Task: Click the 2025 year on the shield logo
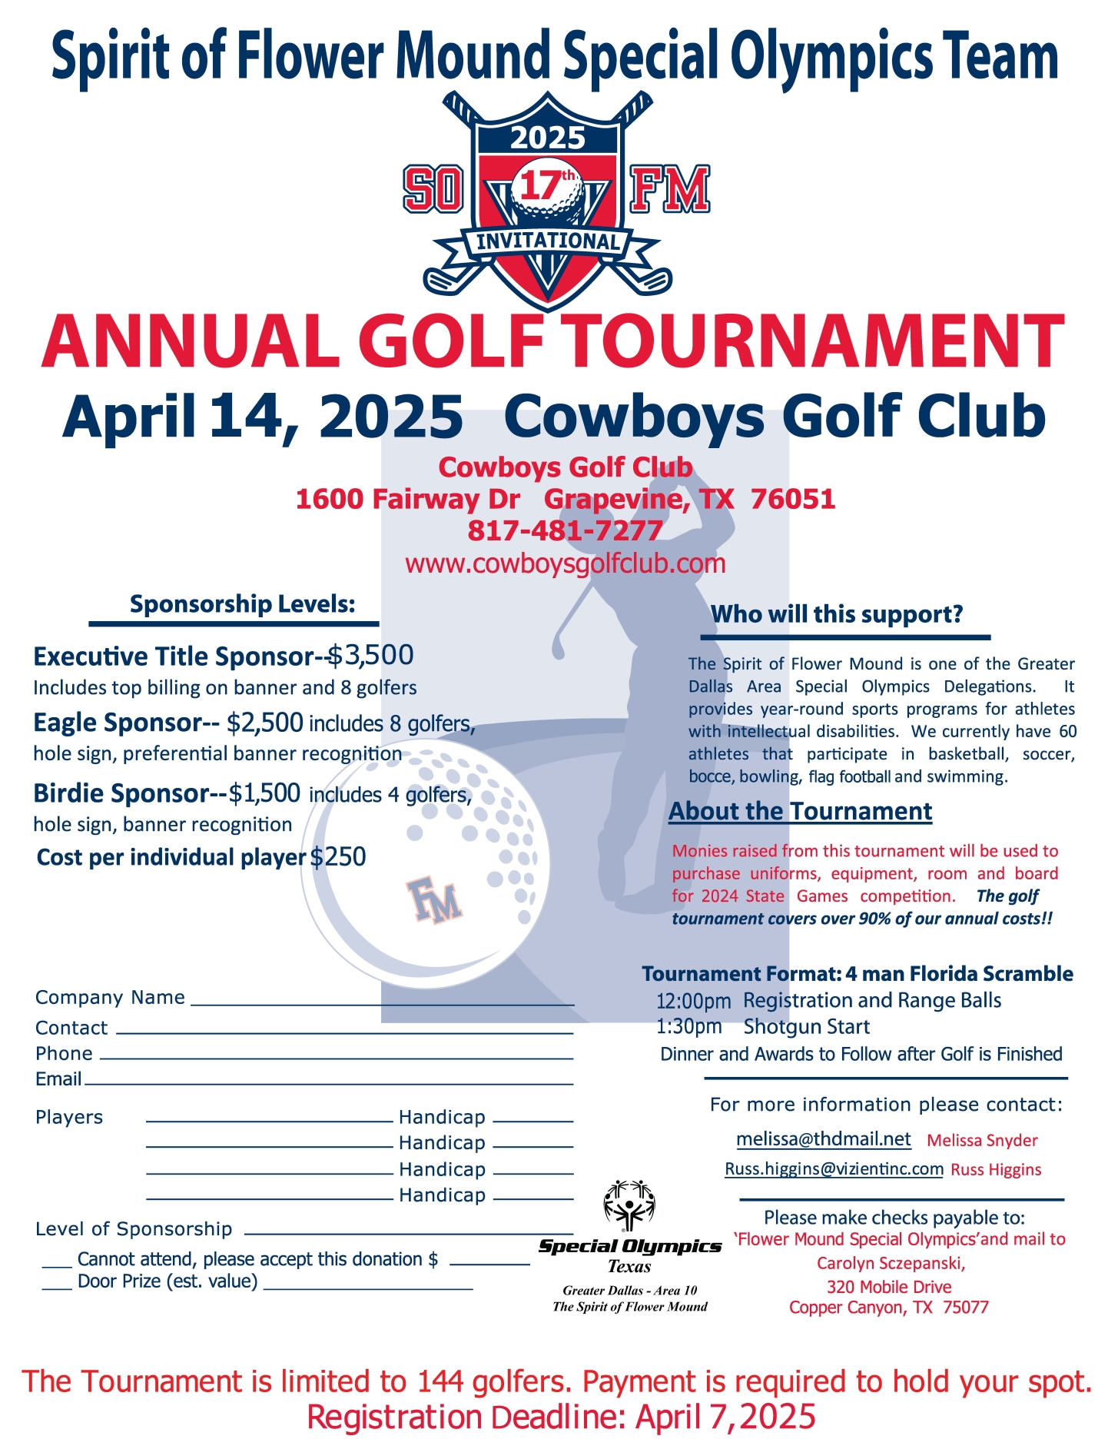click(x=548, y=138)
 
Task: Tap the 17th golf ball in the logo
click(x=547, y=185)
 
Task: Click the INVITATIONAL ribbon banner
click(x=548, y=241)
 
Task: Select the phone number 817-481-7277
click(x=565, y=530)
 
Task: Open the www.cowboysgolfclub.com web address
click(x=565, y=563)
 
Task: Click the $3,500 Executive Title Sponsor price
click(x=371, y=656)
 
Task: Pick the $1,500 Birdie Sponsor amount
click(x=264, y=793)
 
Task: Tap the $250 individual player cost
click(x=338, y=857)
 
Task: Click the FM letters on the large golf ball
click(x=434, y=899)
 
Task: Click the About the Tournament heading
click(x=800, y=812)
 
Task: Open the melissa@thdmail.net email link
click(x=823, y=1139)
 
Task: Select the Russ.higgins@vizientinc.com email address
click(x=834, y=1169)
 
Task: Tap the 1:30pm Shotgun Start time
click(x=688, y=1027)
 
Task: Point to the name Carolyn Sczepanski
click(x=891, y=1263)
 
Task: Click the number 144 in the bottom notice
click(x=440, y=1381)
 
